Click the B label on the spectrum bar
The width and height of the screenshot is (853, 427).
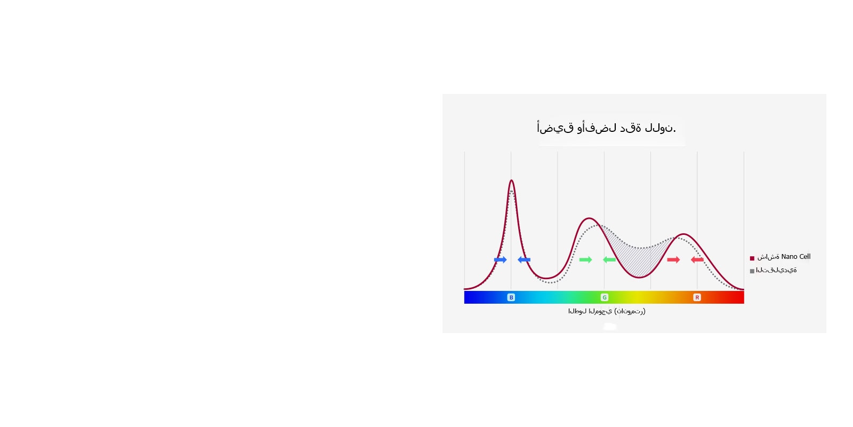click(x=511, y=297)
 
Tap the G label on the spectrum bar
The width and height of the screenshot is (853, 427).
click(x=605, y=297)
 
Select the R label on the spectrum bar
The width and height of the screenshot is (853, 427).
click(x=697, y=297)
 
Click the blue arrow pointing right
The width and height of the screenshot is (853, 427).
click(x=501, y=259)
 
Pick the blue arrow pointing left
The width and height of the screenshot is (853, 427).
click(x=524, y=259)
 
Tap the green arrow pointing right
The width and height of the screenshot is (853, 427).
click(x=586, y=259)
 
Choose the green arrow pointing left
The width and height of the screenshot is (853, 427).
click(x=609, y=259)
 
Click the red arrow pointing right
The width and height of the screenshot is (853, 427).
click(x=673, y=259)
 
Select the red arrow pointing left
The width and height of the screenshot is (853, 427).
click(x=697, y=259)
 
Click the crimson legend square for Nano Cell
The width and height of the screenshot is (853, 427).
click(x=752, y=258)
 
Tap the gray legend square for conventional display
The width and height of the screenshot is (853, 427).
click(x=752, y=271)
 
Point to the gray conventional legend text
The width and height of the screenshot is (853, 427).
click(x=776, y=270)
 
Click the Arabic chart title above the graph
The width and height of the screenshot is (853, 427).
click(x=606, y=128)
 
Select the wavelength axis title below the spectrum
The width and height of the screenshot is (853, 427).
click(x=607, y=311)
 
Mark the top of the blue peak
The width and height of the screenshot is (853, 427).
click(x=511, y=180)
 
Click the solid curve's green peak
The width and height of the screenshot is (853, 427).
click(x=589, y=218)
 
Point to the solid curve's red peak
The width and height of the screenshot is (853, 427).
click(x=684, y=234)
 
